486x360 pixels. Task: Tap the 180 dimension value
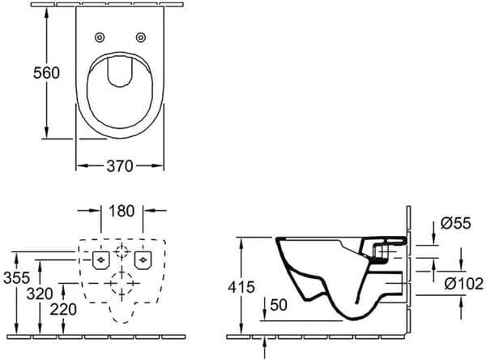coord(121,212)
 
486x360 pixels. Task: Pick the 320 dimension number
coord(40,293)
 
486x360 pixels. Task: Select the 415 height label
coord(242,287)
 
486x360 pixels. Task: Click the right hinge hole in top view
coord(141,36)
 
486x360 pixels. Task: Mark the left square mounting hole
coord(100,259)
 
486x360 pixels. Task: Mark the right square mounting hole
coord(144,259)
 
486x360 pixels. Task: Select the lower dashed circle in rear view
coord(122,285)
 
